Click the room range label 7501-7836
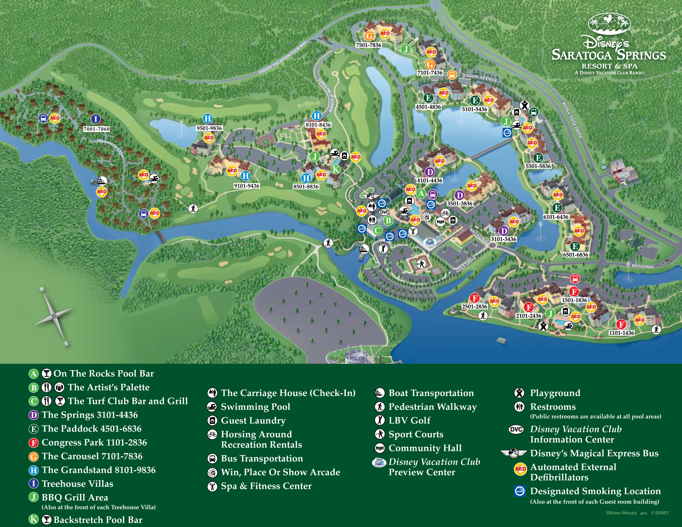click(x=368, y=45)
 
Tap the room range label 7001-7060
click(x=97, y=129)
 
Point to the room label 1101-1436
click(x=621, y=333)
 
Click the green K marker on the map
click(x=335, y=169)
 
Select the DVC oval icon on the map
click(x=384, y=212)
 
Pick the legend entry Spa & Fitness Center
click(x=266, y=486)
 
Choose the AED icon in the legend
click(x=520, y=469)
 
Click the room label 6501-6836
click(x=576, y=255)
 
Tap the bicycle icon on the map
click(x=445, y=213)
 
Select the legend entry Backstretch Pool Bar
click(x=98, y=520)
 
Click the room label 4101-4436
click(x=430, y=180)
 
